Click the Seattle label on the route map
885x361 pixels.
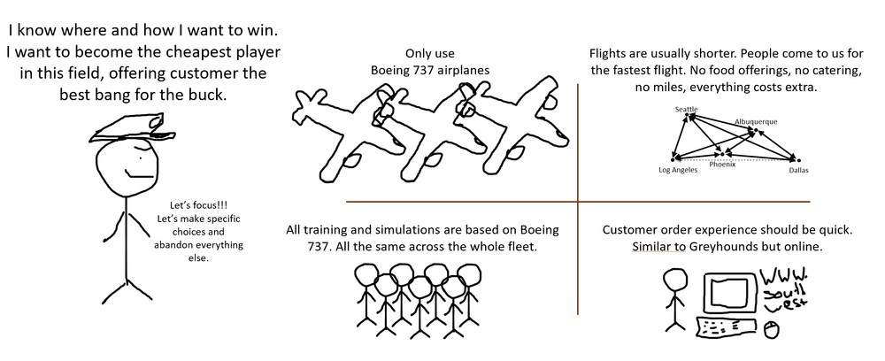687,110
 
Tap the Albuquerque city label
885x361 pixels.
755,120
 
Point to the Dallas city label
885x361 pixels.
799,169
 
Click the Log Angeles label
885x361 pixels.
679,169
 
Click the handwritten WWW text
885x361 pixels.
780,275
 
